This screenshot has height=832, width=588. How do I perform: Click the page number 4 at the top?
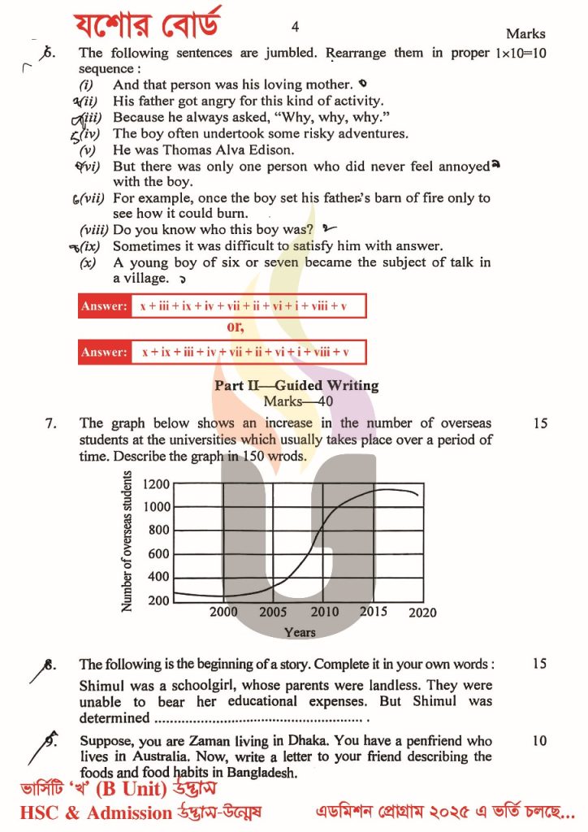coord(295,27)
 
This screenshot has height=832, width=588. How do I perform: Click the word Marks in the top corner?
coord(525,34)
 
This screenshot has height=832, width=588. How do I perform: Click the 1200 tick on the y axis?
coord(156,484)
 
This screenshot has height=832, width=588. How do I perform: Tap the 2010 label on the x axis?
coord(325,612)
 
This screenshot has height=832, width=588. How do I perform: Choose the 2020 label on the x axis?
coord(422,612)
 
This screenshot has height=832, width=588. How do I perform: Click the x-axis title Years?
coord(300,631)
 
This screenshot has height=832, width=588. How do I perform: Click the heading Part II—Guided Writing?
coord(296,386)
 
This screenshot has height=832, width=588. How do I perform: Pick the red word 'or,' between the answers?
coord(236,327)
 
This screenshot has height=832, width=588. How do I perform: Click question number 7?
coord(50,423)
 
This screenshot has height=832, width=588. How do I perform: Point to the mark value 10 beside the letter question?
coord(539,741)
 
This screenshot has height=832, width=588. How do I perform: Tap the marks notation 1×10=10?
coord(520,54)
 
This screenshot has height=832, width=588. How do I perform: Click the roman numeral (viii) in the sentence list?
coord(94,230)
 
